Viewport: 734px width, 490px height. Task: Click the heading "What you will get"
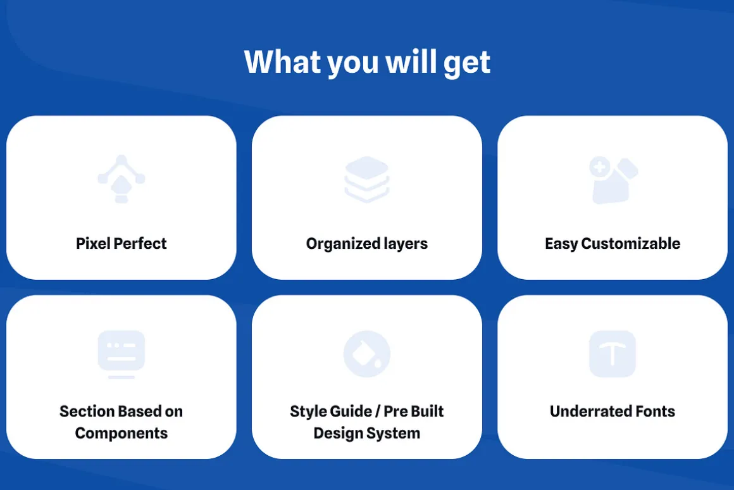pos(367,62)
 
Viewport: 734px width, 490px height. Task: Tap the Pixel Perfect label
pos(121,243)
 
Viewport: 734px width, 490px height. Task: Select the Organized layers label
pos(367,244)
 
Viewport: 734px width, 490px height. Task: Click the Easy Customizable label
pos(613,244)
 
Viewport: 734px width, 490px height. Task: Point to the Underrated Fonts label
pos(613,411)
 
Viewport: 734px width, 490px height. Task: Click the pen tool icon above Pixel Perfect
pos(121,179)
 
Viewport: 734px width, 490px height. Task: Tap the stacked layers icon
pos(367,179)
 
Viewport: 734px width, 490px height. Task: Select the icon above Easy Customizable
pos(613,180)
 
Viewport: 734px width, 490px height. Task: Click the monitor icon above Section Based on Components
pos(121,354)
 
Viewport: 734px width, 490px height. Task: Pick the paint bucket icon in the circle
pos(367,354)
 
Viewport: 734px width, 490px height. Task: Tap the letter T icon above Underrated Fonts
pos(613,354)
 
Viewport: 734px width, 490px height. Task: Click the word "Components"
pos(121,433)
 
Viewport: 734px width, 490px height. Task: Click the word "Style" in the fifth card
pos(307,411)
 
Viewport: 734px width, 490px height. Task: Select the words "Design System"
pos(367,433)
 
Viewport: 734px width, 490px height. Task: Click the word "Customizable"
pos(631,243)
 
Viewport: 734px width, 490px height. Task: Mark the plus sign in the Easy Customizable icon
pos(599,166)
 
